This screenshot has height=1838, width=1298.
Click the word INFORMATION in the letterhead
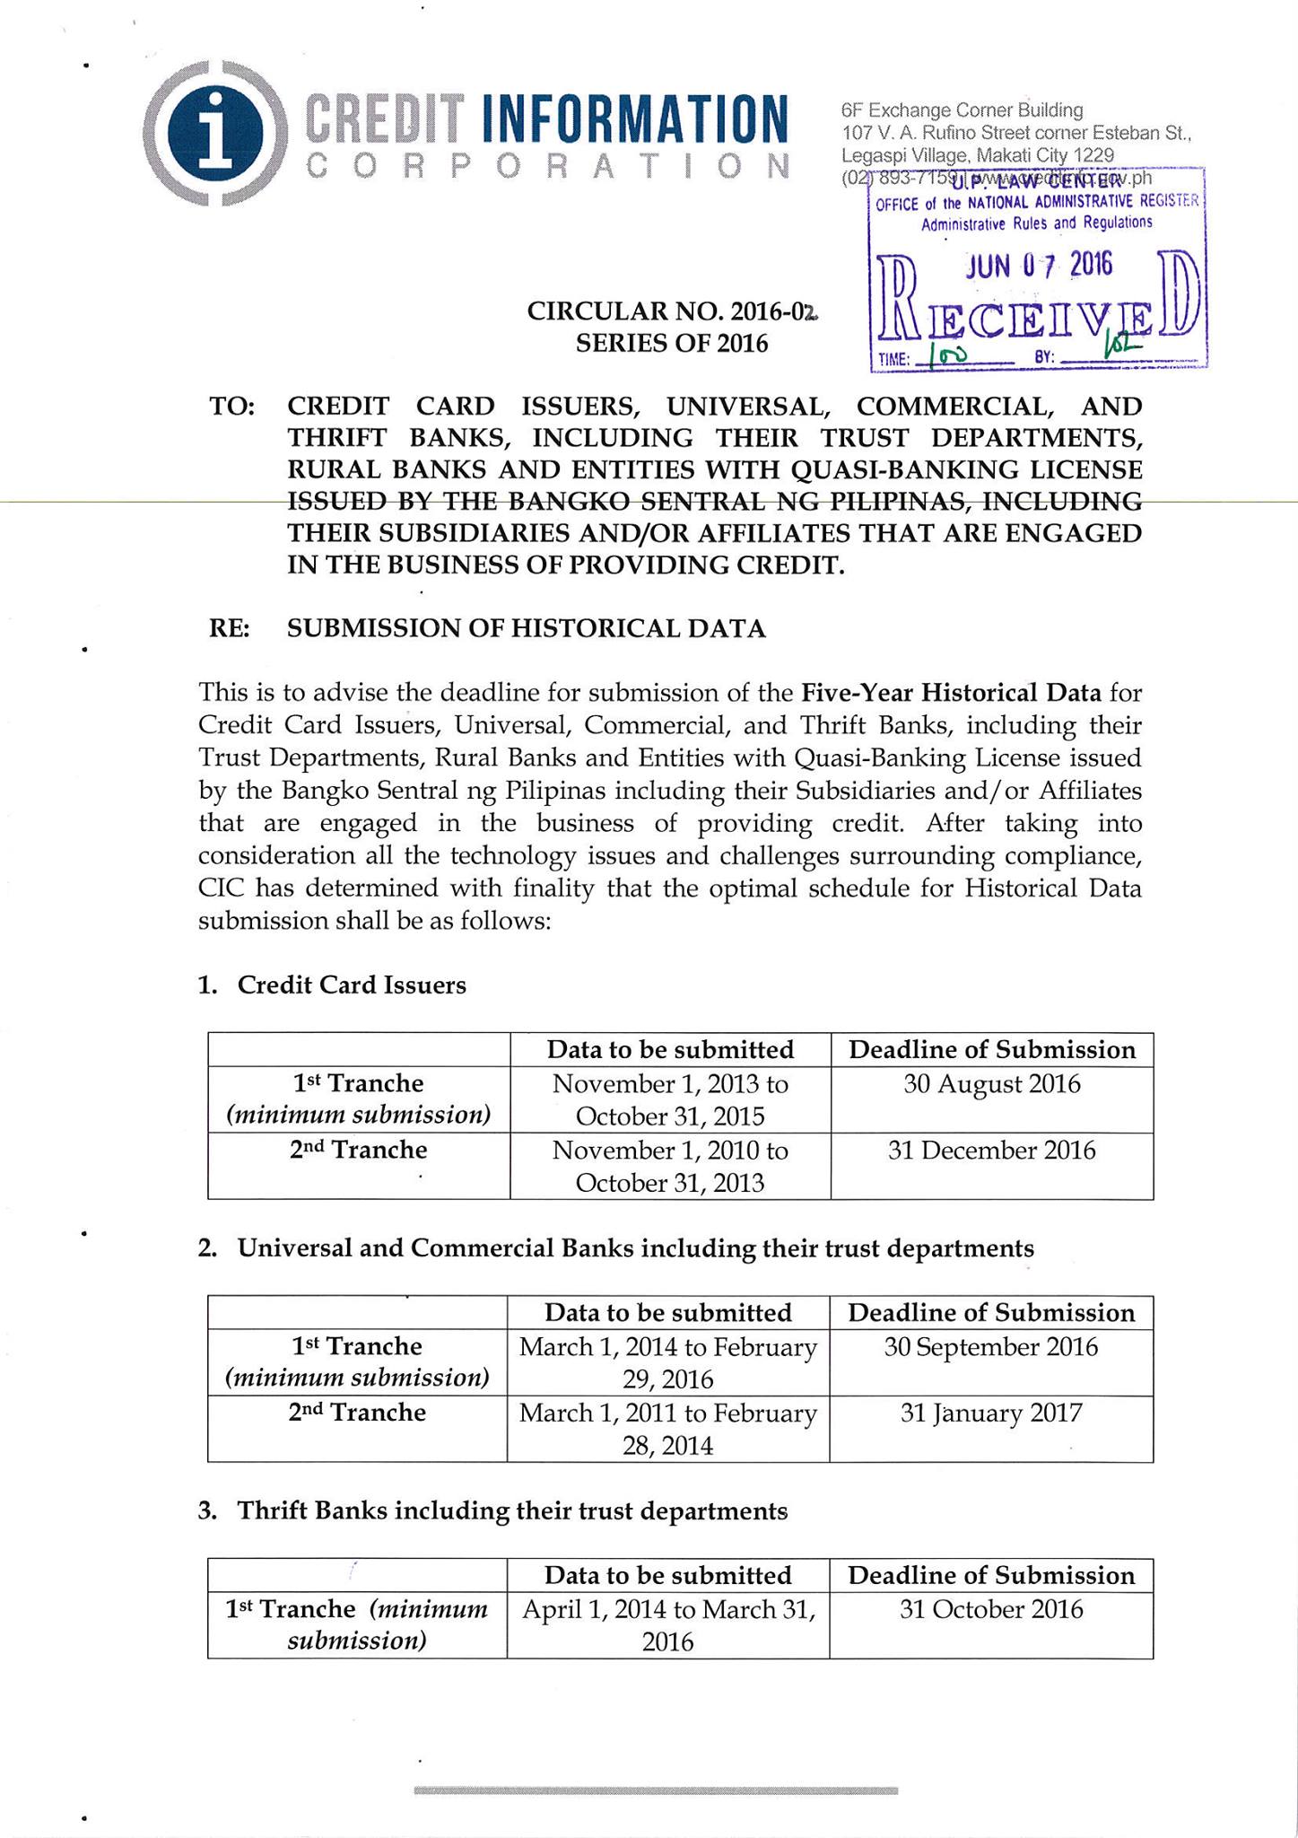point(635,117)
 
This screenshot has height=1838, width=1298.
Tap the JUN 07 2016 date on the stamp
point(1038,265)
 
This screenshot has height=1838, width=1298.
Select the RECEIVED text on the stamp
point(1039,314)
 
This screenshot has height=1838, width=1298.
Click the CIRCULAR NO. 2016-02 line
point(673,311)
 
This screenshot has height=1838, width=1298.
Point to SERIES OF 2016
point(672,344)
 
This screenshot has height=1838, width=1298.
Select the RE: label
point(230,628)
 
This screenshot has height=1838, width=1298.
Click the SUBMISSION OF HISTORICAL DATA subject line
point(527,628)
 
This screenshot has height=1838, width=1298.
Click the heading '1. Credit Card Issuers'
point(333,985)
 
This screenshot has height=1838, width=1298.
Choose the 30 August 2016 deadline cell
point(991,1084)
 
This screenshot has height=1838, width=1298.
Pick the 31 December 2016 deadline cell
point(991,1151)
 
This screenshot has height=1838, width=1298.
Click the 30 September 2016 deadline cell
point(990,1347)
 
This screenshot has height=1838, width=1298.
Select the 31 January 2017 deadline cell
point(990,1414)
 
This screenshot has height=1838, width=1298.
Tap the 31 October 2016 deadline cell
point(990,1610)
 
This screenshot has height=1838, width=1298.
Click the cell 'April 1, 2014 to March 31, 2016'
point(668,1625)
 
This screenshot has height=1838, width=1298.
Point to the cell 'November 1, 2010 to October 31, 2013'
point(670,1166)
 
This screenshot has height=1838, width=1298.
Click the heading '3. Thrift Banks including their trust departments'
point(493,1511)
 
